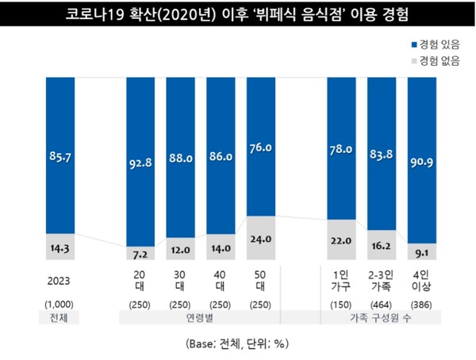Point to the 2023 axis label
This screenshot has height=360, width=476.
[61, 280]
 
